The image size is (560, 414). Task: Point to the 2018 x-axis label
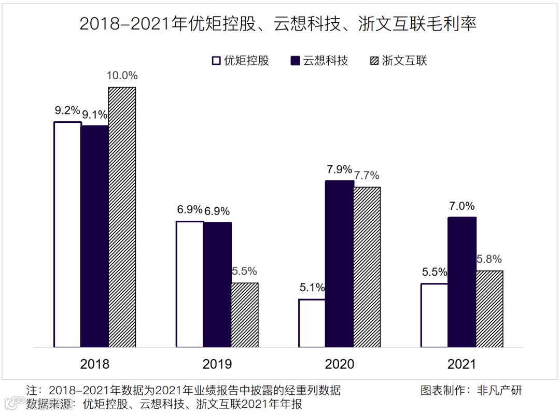[95, 364]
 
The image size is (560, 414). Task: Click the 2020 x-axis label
[339, 364]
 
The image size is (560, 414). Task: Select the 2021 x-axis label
[461, 364]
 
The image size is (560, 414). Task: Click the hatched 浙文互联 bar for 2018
[122, 217]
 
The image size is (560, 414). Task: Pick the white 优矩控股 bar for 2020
[312, 323]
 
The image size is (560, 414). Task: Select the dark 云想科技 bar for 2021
[461, 282]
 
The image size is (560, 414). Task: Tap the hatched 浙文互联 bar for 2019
[244, 315]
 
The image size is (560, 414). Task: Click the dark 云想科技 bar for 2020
[339, 264]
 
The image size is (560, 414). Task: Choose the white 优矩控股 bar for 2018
[68, 234]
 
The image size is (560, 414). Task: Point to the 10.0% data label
[122, 76]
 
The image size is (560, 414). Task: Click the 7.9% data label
[339, 169]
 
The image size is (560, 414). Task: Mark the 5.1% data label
[312, 288]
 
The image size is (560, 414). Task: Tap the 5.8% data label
[489, 260]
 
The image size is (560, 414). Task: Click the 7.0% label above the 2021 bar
[461, 206]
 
